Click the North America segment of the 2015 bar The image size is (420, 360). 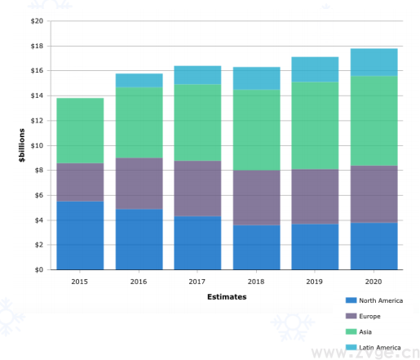[80, 235]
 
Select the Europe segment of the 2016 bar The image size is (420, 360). [139, 184]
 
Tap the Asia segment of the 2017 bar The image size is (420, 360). [197, 122]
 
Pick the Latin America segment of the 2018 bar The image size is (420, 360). [257, 78]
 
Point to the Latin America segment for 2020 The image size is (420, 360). [374, 62]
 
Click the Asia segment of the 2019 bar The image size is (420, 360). [315, 126]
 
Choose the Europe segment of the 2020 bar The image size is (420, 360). [374, 194]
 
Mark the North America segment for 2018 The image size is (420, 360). [257, 247]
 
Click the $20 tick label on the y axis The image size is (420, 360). [37, 21]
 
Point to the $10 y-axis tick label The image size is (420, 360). [37, 145]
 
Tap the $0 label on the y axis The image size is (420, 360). [39, 269]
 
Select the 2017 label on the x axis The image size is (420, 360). [197, 282]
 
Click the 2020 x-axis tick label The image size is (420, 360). [374, 282]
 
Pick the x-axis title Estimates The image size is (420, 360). [227, 297]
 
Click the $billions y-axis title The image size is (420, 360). [22, 145]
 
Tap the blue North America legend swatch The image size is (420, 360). [351, 300]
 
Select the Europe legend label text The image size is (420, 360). [369, 316]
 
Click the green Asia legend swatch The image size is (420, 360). [351, 331]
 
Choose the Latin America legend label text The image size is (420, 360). [380, 348]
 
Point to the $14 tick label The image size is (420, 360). [37, 96]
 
